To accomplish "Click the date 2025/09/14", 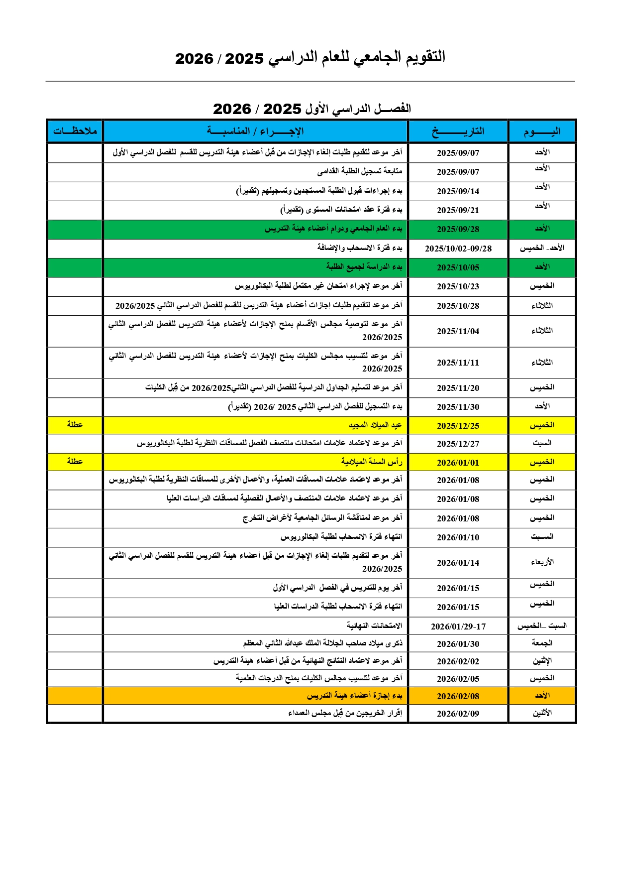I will click(x=458, y=191).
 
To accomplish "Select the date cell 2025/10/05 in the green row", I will click(x=458, y=267).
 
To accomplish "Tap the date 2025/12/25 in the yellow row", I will click(x=458, y=426).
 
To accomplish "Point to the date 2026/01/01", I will click(x=458, y=463).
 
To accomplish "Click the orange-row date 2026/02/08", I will click(x=458, y=696).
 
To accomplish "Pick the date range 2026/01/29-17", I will click(x=458, y=626).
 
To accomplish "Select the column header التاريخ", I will click(x=458, y=131).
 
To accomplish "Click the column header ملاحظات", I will click(x=75, y=131).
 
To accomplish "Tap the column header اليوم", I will click(x=542, y=131).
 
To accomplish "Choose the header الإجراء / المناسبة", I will click(x=255, y=131).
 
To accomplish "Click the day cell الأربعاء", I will click(x=542, y=563).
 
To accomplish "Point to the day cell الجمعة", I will click(x=542, y=643).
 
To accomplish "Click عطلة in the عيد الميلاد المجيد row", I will click(x=75, y=425).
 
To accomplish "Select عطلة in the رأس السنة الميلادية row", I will click(x=75, y=462).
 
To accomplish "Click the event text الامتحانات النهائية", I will click(x=374, y=626).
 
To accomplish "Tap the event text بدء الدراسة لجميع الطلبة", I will click(x=364, y=267).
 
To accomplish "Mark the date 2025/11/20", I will click(x=458, y=388).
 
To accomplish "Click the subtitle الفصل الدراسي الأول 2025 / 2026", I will click(x=312, y=109).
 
